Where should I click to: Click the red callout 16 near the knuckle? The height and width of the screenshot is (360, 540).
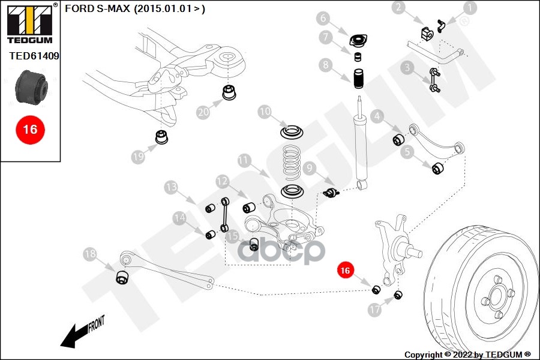(x=345, y=271)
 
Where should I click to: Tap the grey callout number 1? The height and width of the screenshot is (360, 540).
(x=469, y=8)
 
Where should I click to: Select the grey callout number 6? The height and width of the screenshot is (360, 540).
(x=340, y=18)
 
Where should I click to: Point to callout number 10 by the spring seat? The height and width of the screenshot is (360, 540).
(x=265, y=112)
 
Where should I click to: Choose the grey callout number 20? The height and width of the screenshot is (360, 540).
(x=203, y=112)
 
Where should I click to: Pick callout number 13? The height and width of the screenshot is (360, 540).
(x=172, y=187)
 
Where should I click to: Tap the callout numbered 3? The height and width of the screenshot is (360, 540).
(x=408, y=68)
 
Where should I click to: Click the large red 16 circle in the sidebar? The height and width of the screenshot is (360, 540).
(x=30, y=129)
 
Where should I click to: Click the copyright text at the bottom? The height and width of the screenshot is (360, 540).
(x=467, y=355)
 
